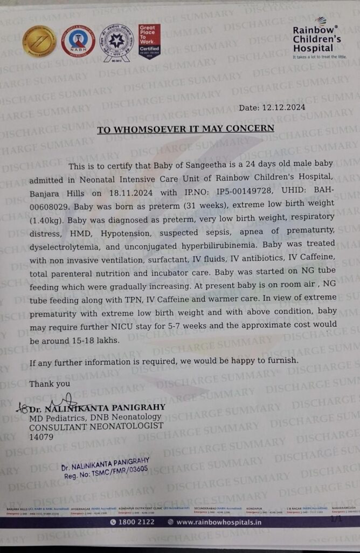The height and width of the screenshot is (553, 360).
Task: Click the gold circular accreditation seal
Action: click(39, 42)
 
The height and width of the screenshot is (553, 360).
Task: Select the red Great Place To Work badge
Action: click(149, 42)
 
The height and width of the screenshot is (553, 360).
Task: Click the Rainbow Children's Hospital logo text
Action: click(316, 39)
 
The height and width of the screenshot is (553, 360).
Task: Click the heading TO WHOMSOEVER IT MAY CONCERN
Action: click(185, 129)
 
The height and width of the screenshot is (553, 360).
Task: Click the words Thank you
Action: click(50, 384)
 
